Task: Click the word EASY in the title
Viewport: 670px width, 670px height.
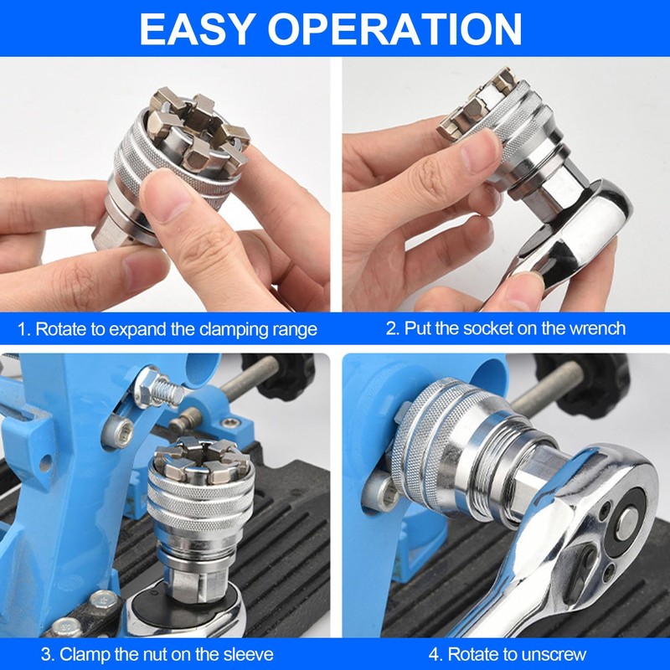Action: pos(196,28)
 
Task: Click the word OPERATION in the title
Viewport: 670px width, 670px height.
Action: pos(395,28)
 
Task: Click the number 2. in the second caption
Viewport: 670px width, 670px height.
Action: pos(393,328)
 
